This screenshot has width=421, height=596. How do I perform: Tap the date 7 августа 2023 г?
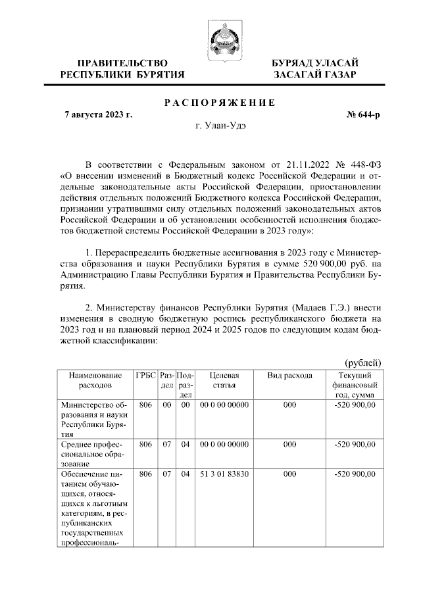98,114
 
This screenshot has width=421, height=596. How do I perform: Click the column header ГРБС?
145,374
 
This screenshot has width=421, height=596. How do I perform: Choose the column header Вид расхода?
289,374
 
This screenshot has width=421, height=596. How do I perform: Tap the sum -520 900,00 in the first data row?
355,406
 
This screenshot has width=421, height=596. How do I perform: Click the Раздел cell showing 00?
167,406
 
